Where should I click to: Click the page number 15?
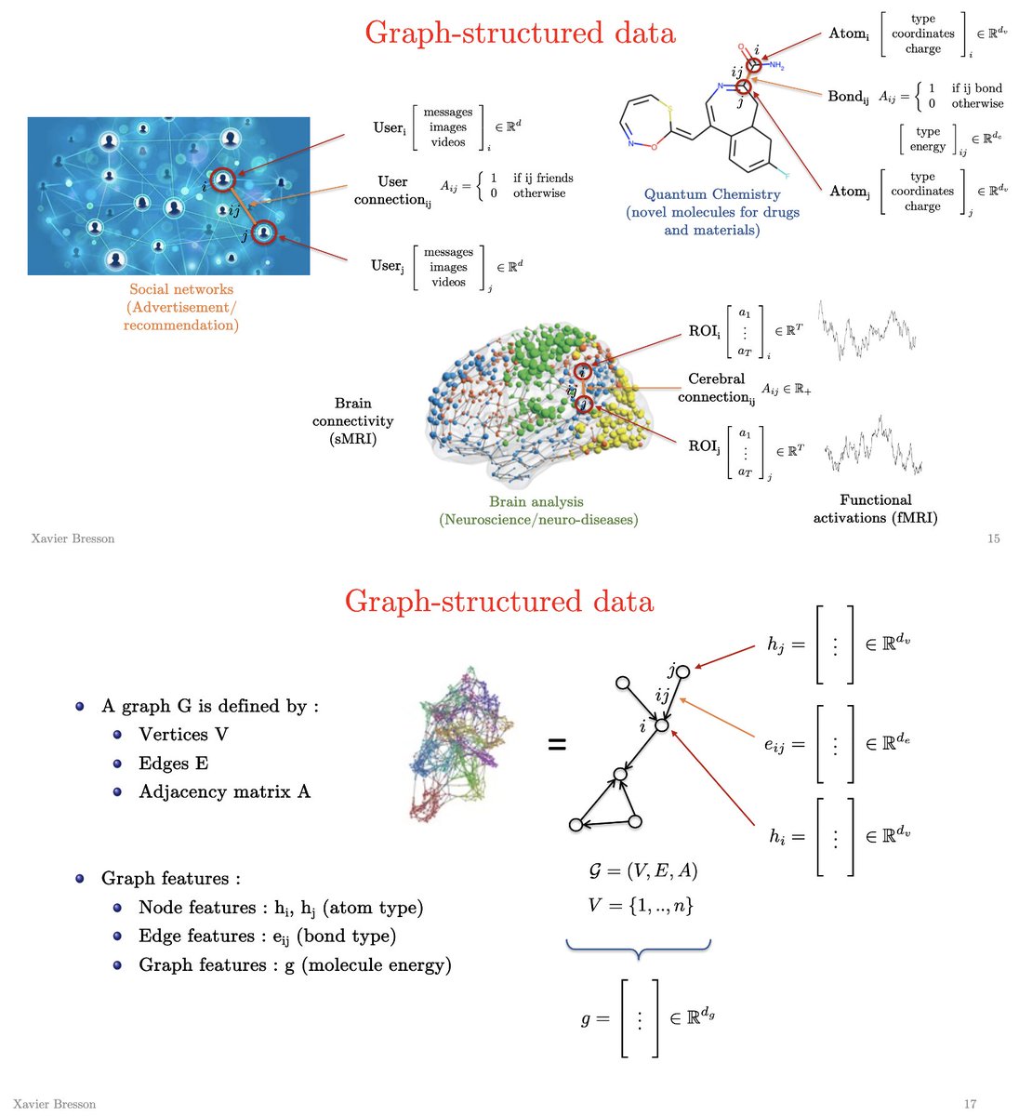pos(993,538)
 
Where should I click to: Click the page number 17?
pos(970,1104)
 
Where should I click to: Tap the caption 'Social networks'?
pos(181,289)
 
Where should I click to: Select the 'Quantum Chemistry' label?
pos(712,194)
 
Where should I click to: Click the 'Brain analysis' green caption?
pos(536,502)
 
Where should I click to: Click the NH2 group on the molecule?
pos(776,66)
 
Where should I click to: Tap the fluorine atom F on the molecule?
pos(787,176)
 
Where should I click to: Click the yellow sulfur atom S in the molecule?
pos(670,109)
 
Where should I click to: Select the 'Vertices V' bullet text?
pos(183,735)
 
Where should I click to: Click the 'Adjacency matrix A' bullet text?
pos(224,791)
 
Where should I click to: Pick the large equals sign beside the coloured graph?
pos(557,744)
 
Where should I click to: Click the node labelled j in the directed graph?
pos(683,672)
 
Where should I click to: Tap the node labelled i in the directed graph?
pos(661,725)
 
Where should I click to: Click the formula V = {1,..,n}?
pos(641,905)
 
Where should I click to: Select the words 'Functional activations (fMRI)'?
pos(875,509)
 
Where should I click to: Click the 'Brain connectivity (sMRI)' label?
pos(352,420)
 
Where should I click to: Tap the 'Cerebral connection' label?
pos(717,388)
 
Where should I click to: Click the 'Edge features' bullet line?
pos(267,936)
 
